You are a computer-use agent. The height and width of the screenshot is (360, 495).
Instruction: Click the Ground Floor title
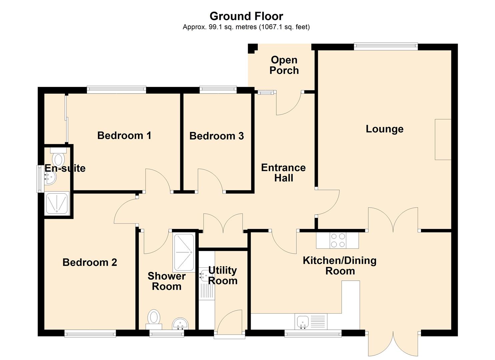point(246,16)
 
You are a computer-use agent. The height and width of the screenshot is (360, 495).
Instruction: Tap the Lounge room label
point(385,129)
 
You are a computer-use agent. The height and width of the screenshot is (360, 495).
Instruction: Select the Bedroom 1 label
point(124,135)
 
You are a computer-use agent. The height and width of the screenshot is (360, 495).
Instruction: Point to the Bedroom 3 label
point(217,136)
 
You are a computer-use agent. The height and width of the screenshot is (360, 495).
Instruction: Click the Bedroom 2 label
point(90,262)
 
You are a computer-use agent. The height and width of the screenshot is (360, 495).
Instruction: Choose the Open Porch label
point(284,65)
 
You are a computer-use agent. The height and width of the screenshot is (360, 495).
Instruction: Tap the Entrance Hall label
point(284,173)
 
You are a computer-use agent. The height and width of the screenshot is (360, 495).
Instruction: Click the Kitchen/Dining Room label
point(340,266)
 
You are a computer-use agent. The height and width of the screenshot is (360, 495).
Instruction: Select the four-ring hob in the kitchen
point(338,240)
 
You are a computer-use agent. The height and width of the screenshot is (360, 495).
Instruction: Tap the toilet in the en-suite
point(58,157)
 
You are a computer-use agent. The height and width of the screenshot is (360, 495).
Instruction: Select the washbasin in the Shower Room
point(180,323)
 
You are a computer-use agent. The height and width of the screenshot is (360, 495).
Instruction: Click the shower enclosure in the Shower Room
point(184,252)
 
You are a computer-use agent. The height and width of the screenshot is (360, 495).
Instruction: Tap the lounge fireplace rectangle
point(443,139)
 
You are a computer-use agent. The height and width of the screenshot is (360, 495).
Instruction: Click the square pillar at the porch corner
point(253,48)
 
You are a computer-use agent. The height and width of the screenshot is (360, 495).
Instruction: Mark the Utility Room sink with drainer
point(207,284)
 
